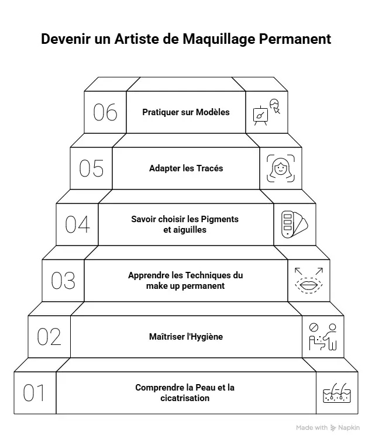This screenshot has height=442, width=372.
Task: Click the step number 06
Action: point(105,112)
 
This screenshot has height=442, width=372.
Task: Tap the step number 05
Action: point(91,168)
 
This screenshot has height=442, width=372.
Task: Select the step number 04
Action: point(77,225)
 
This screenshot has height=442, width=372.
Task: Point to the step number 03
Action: point(63,281)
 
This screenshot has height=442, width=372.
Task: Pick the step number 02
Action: point(49,337)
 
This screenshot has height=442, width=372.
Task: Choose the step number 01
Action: point(35,393)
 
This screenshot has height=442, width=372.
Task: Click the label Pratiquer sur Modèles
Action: point(186,112)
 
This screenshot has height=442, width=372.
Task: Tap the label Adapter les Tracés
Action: point(186,168)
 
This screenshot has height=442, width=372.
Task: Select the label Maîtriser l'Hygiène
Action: point(186,337)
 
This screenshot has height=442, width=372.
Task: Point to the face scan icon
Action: point(280,168)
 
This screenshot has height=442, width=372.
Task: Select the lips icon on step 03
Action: point(308,281)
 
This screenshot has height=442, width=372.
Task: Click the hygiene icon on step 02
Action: point(322,337)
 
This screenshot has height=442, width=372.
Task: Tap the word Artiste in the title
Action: point(129,39)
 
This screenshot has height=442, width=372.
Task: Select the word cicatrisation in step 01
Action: point(186,398)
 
